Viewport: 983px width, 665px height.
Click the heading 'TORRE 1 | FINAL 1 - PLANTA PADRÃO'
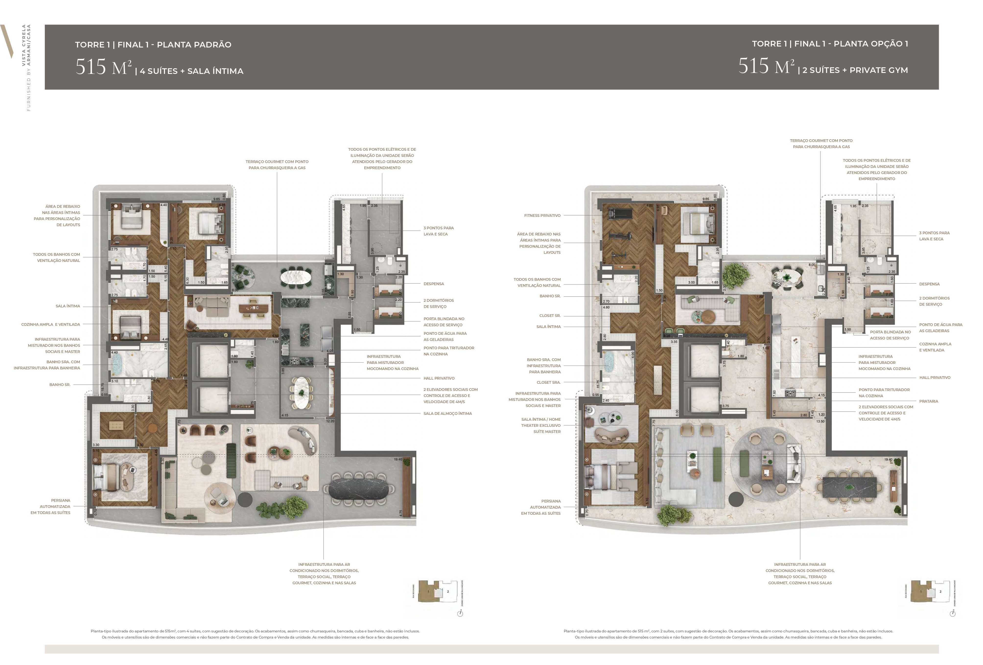tap(153, 44)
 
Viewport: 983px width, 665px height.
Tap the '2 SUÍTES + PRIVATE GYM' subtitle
tap(855, 70)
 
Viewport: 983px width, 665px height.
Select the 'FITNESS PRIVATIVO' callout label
tap(542, 215)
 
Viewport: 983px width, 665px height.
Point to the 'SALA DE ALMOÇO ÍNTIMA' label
tap(447, 413)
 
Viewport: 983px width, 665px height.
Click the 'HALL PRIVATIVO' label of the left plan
tap(439, 378)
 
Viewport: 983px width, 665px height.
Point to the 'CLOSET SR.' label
tap(550, 315)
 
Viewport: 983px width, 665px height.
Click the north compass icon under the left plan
tap(460, 613)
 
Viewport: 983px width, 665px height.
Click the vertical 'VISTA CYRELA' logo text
tap(24, 44)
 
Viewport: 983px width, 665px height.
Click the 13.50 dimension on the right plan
tap(820, 421)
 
